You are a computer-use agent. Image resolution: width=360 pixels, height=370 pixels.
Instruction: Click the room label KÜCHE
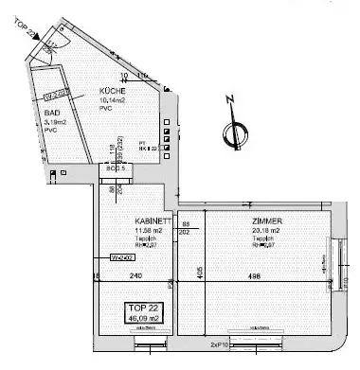click(x=115, y=91)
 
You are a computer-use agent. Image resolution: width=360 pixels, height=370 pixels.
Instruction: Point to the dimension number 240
click(x=135, y=276)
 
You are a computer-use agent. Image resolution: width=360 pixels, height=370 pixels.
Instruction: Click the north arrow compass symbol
click(x=229, y=132)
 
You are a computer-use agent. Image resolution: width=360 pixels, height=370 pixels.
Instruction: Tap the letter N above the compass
click(x=230, y=99)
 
